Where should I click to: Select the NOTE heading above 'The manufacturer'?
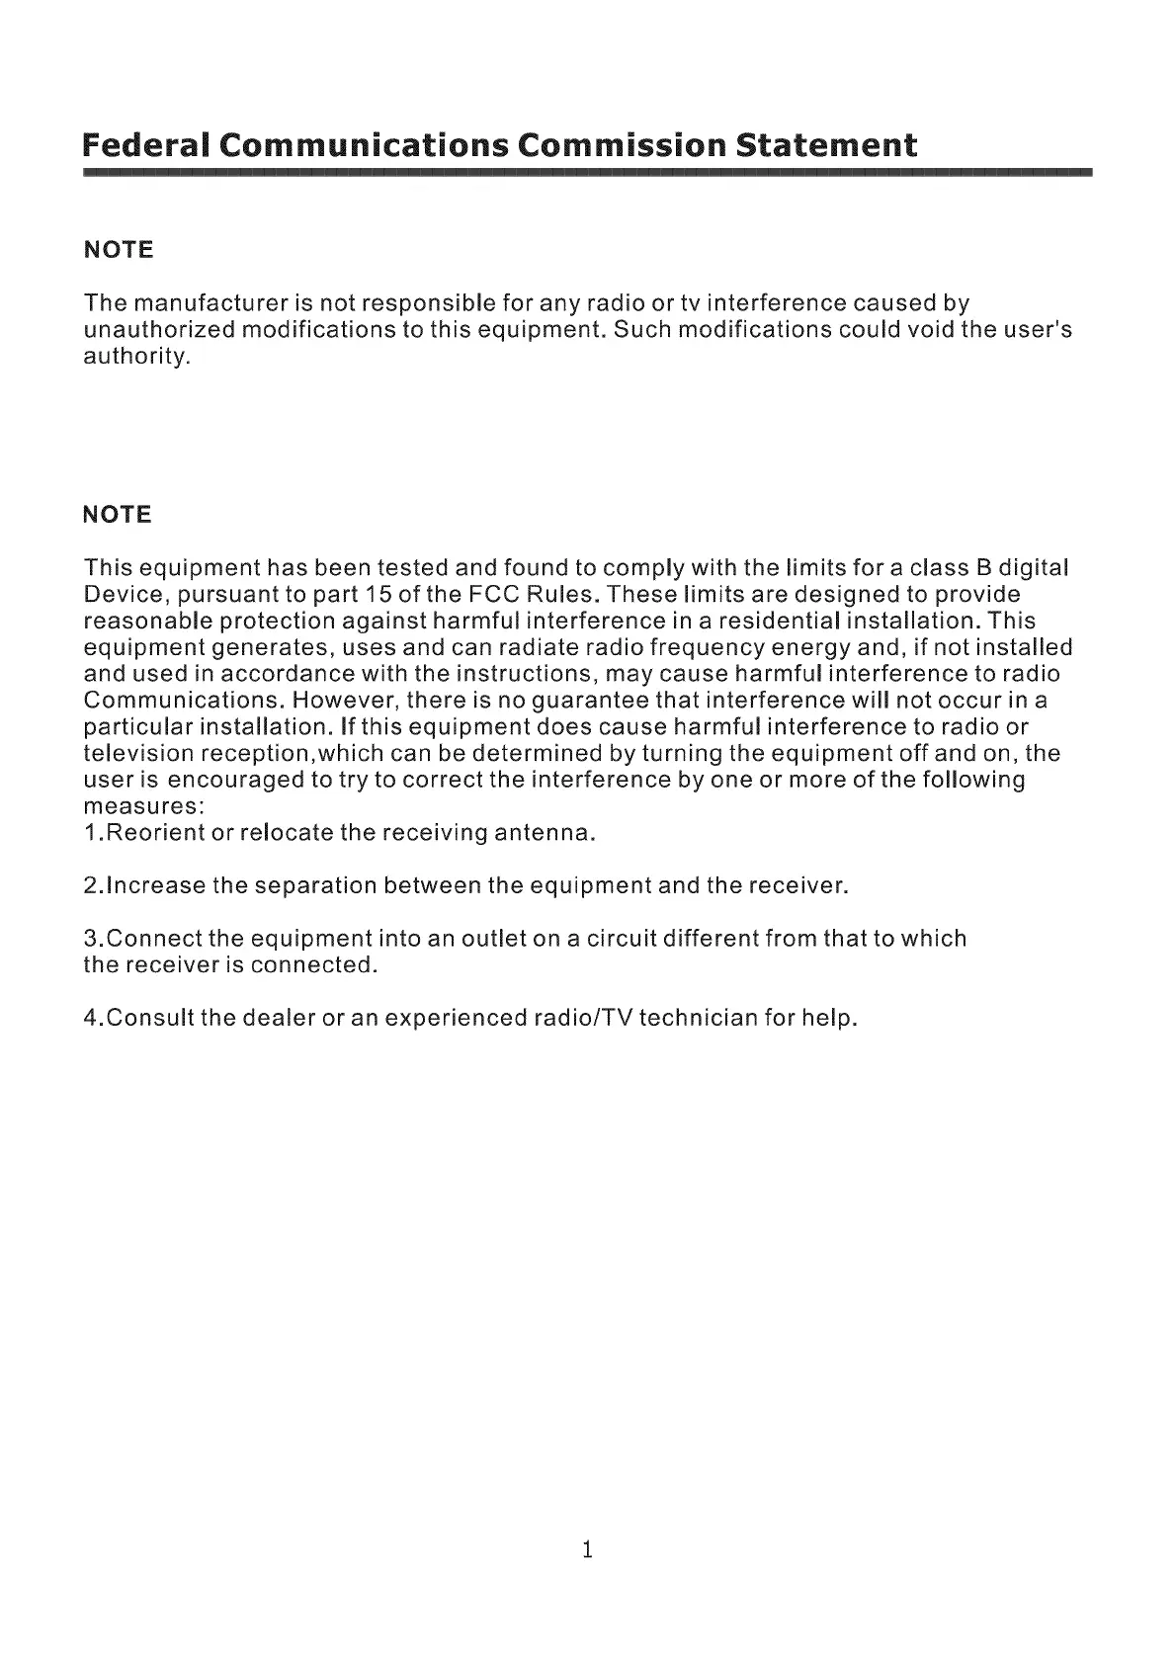(120, 250)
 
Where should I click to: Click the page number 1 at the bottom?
(587, 1549)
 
